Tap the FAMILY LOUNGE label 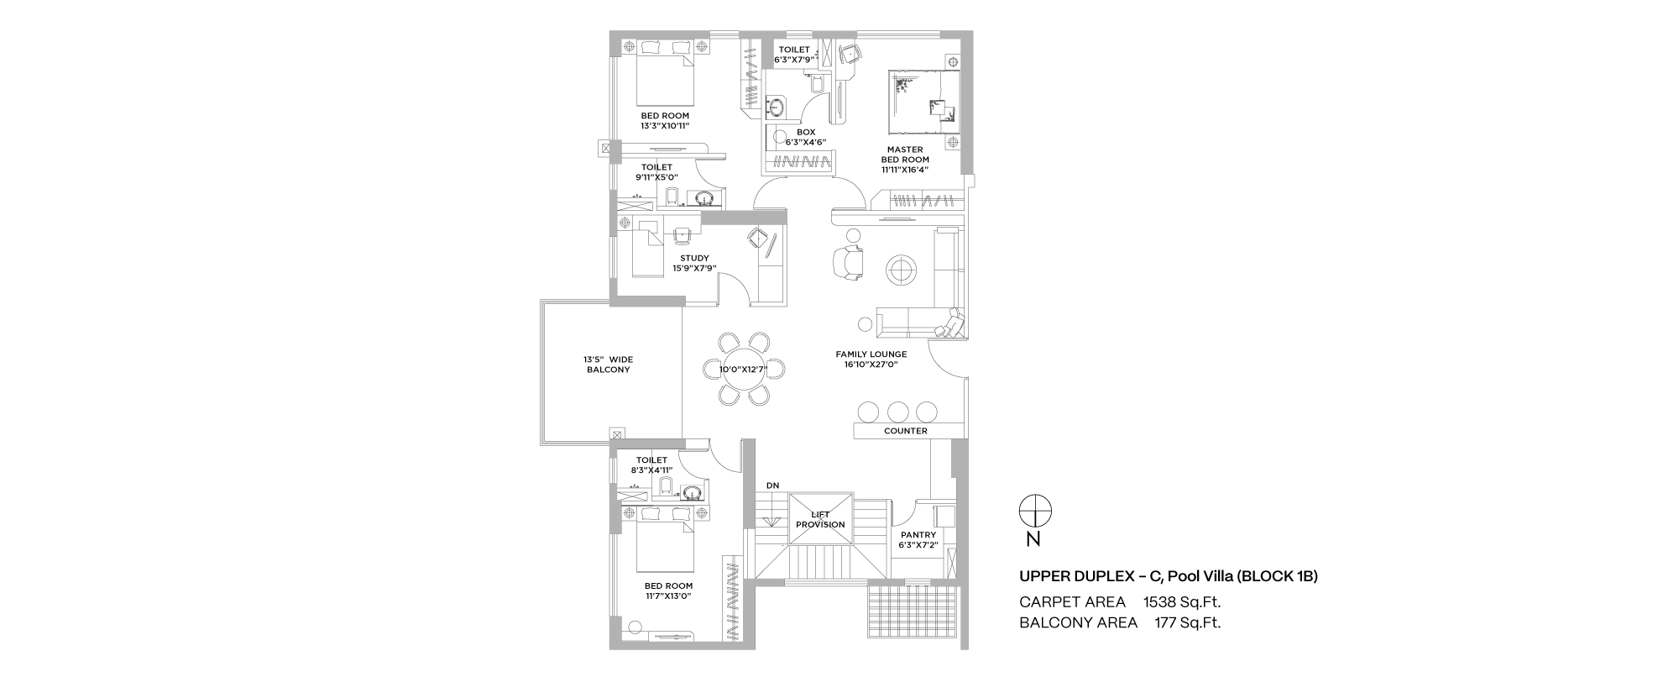(871, 354)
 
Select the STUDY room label (694, 259)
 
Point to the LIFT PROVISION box (821, 519)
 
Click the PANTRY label (918, 535)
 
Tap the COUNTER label (906, 431)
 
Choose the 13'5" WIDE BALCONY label (609, 365)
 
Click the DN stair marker (772, 485)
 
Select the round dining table (743, 369)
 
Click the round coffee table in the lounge (902, 270)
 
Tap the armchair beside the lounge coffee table (847, 262)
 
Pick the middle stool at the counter (897, 412)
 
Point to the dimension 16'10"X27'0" (871, 365)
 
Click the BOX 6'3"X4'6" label (806, 137)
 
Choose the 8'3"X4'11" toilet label (651, 470)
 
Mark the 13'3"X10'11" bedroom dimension (665, 126)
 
